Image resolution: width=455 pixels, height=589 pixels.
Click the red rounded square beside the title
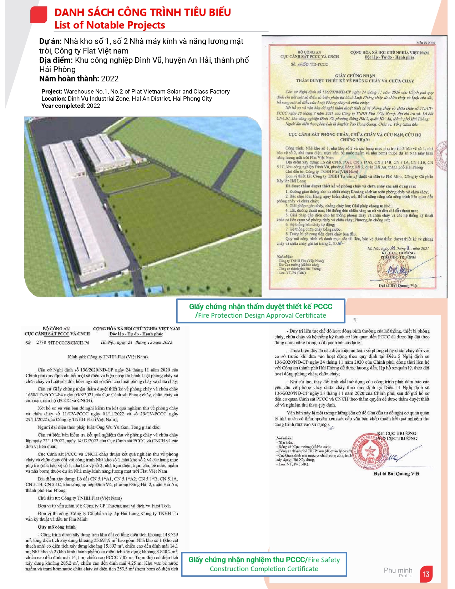39,15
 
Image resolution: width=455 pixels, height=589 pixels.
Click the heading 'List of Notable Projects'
110,25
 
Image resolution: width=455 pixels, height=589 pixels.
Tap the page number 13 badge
426,574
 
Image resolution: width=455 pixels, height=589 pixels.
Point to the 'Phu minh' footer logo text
398,570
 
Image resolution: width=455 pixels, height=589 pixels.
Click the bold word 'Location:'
54,99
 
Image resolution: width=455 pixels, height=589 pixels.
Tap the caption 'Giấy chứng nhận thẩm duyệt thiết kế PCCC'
261,307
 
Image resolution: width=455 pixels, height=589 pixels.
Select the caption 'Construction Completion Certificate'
264,569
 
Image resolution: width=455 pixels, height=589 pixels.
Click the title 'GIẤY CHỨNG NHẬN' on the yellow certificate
355,76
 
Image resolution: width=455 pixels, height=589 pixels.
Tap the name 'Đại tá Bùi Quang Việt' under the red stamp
396,474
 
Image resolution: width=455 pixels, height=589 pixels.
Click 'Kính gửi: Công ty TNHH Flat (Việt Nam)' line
108,357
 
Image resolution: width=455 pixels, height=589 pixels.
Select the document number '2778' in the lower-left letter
41,343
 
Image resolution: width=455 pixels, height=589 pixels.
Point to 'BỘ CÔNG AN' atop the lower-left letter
56,328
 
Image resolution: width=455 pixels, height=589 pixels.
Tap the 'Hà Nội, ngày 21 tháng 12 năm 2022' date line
136,342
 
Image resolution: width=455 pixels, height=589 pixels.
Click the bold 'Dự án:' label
50,41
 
